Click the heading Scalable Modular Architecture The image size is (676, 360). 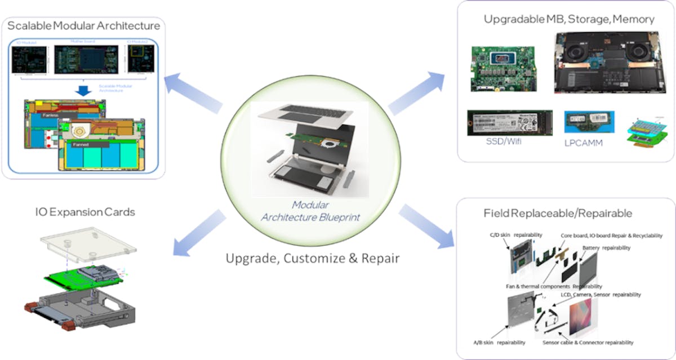point(83,25)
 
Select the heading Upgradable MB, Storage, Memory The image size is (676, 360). point(569,19)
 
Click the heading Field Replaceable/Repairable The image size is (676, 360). point(558,214)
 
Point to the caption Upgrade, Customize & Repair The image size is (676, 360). point(313,259)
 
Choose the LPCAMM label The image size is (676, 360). point(583,143)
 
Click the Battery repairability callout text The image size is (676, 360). point(607,247)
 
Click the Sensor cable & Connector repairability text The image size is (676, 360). point(588,342)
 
